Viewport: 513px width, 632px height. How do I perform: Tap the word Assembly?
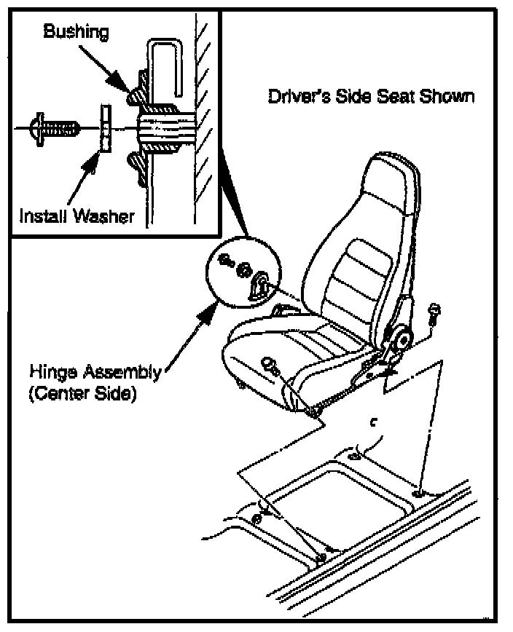point(117,372)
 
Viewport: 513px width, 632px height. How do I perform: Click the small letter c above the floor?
point(373,421)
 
